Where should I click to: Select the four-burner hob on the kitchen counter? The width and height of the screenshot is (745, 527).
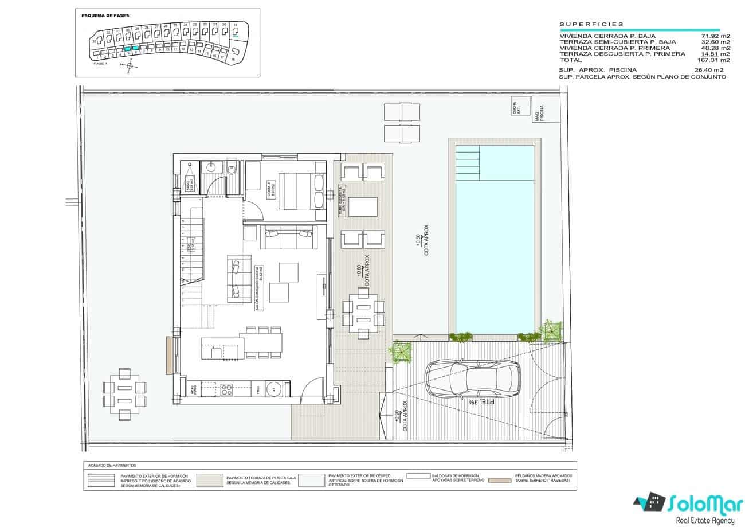pos(226,390)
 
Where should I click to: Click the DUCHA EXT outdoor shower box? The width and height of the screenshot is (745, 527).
pos(517,107)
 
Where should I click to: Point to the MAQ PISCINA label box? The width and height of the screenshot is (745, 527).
pos(538,112)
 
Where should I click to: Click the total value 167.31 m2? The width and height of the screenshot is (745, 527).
pos(713,60)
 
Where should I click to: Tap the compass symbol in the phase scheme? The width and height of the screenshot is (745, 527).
pos(130,66)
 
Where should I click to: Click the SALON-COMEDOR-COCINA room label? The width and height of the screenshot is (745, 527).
pos(258,286)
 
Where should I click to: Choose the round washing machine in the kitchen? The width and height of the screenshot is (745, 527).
pos(274,389)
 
